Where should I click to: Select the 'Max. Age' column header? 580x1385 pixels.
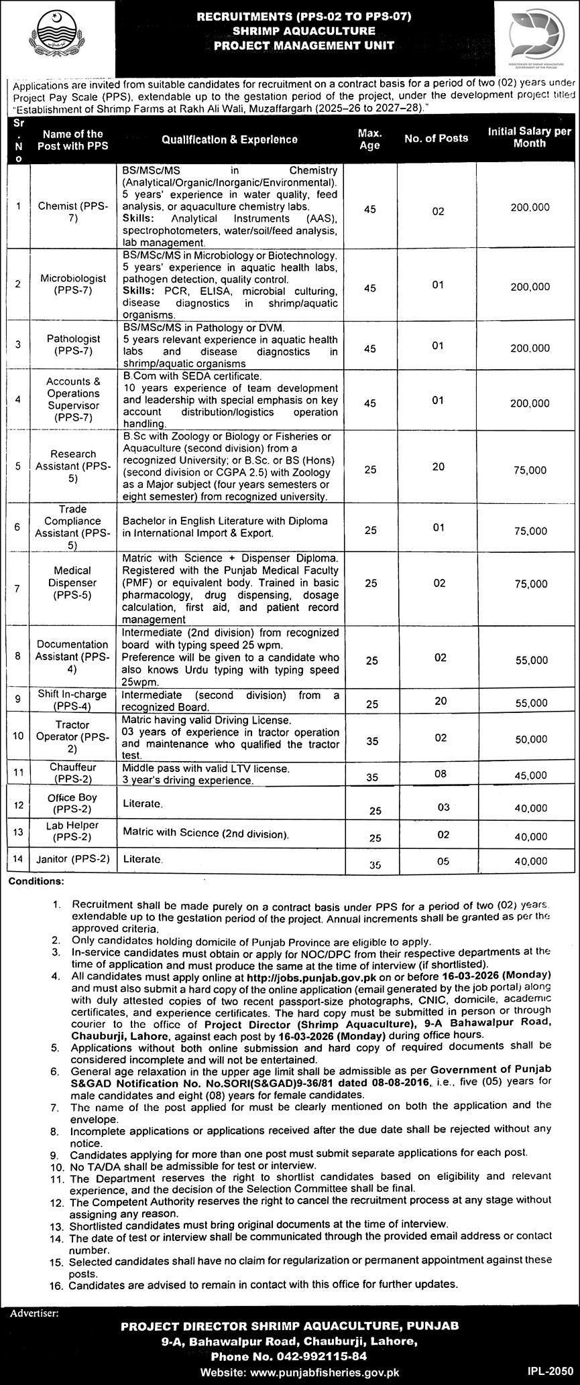click(x=369, y=139)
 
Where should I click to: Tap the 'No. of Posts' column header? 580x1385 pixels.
click(x=436, y=138)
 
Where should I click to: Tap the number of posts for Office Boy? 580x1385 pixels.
click(x=443, y=807)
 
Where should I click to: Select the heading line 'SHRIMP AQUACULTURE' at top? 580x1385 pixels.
click(x=290, y=30)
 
